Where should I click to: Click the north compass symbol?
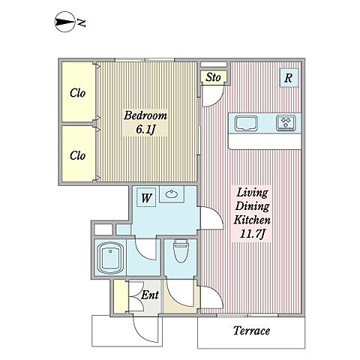point(64,22)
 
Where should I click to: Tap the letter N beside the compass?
point(82,22)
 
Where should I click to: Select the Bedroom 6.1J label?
point(145,122)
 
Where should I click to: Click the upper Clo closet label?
point(77,93)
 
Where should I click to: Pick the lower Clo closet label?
point(77,155)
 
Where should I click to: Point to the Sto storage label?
point(213,77)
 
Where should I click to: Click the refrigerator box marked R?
point(289,78)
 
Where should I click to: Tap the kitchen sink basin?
point(246,124)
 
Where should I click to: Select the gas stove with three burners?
point(286,123)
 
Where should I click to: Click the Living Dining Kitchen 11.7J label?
point(252,213)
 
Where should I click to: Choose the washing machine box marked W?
point(146,197)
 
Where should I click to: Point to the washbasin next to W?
point(172,193)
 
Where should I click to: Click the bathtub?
point(110,257)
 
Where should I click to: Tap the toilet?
point(181,250)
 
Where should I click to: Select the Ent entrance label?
point(149,295)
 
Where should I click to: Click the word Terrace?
point(251,331)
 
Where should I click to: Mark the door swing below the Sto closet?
point(212,96)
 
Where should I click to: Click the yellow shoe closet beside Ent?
point(121,296)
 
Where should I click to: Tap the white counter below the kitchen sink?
point(265,141)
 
